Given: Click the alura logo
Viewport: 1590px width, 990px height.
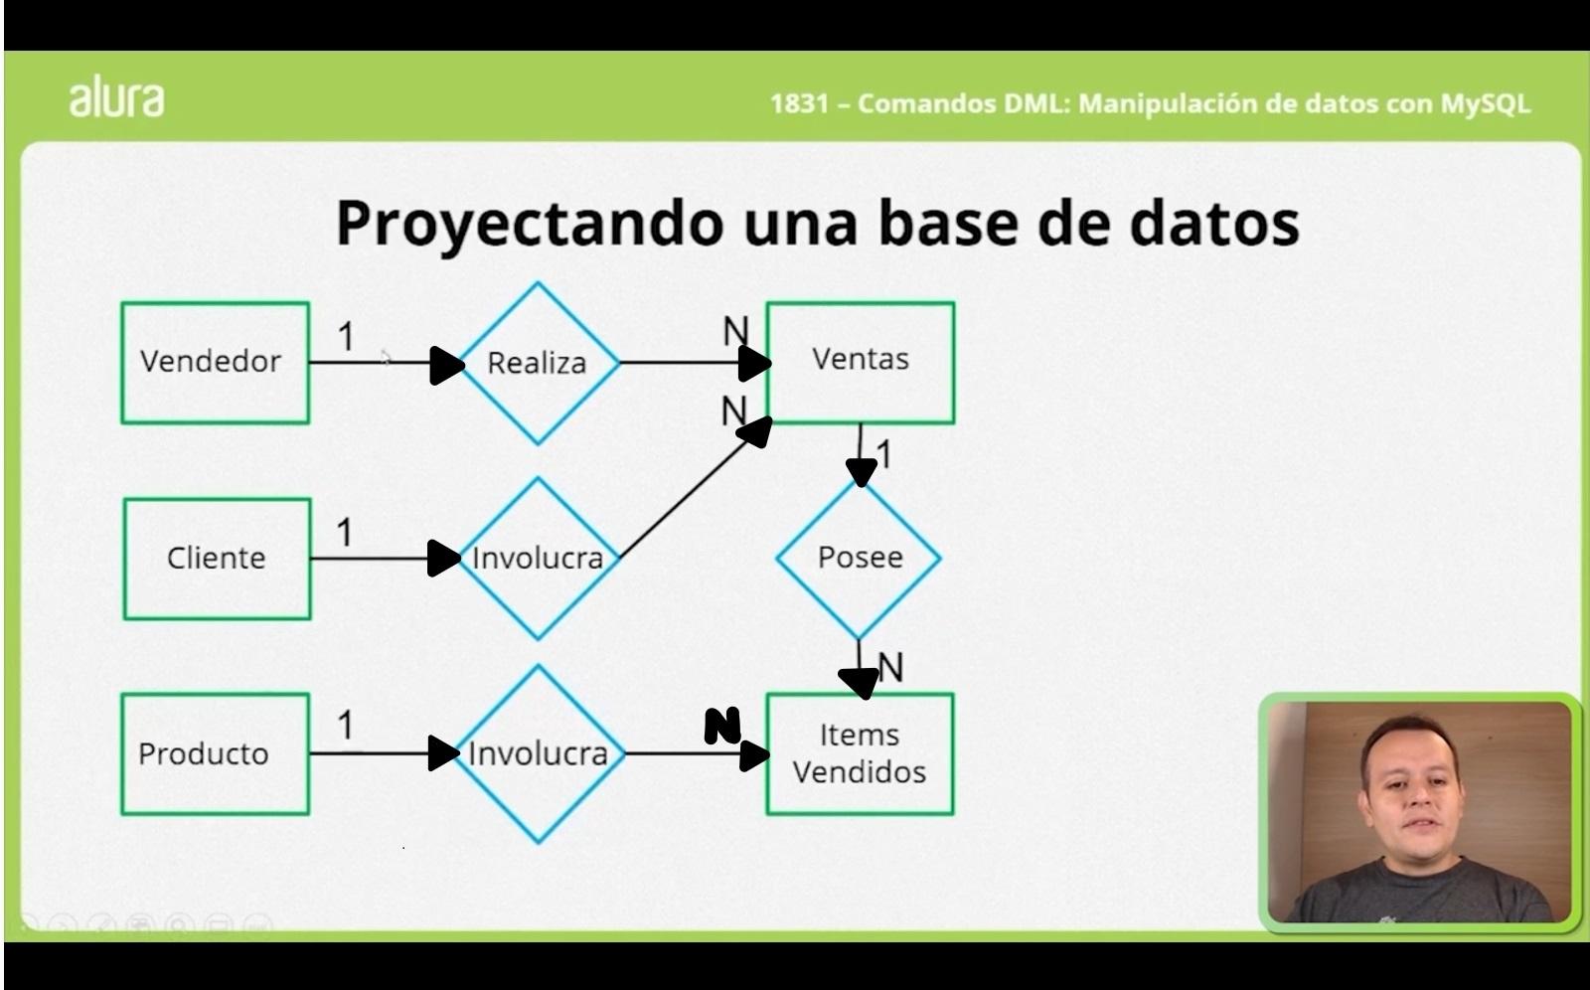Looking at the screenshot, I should [x=116, y=98].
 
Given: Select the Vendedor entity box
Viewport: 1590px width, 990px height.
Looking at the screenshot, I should [x=215, y=362].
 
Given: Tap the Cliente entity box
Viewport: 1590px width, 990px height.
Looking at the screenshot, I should [x=217, y=558].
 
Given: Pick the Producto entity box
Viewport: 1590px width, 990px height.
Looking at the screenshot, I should [x=215, y=753].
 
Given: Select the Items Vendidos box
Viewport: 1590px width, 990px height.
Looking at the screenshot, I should [x=859, y=753].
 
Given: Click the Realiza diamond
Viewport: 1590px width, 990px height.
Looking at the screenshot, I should [x=538, y=363].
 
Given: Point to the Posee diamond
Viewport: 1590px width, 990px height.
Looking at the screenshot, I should [x=859, y=558].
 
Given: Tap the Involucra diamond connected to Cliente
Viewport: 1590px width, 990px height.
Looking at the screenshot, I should [x=538, y=558].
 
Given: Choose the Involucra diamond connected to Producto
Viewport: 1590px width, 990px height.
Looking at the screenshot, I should [x=538, y=753].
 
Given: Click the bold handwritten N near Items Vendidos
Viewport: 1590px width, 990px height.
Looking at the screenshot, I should [x=722, y=727].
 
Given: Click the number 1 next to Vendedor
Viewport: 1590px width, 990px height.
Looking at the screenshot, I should [x=346, y=337].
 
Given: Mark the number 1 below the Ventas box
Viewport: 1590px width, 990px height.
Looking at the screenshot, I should [x=883, y=455].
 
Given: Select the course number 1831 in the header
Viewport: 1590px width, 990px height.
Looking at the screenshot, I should [x=798, y=103].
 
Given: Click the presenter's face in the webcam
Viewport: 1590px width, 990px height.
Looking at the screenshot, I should [x=1410, y=785].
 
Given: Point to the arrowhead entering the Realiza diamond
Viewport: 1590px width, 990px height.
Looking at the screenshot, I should [x=447, y=365].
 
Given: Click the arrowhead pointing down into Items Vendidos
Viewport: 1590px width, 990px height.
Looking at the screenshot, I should [x=859, y=683].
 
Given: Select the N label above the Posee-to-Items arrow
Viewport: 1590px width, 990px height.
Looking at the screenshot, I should [x=891, y=667].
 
